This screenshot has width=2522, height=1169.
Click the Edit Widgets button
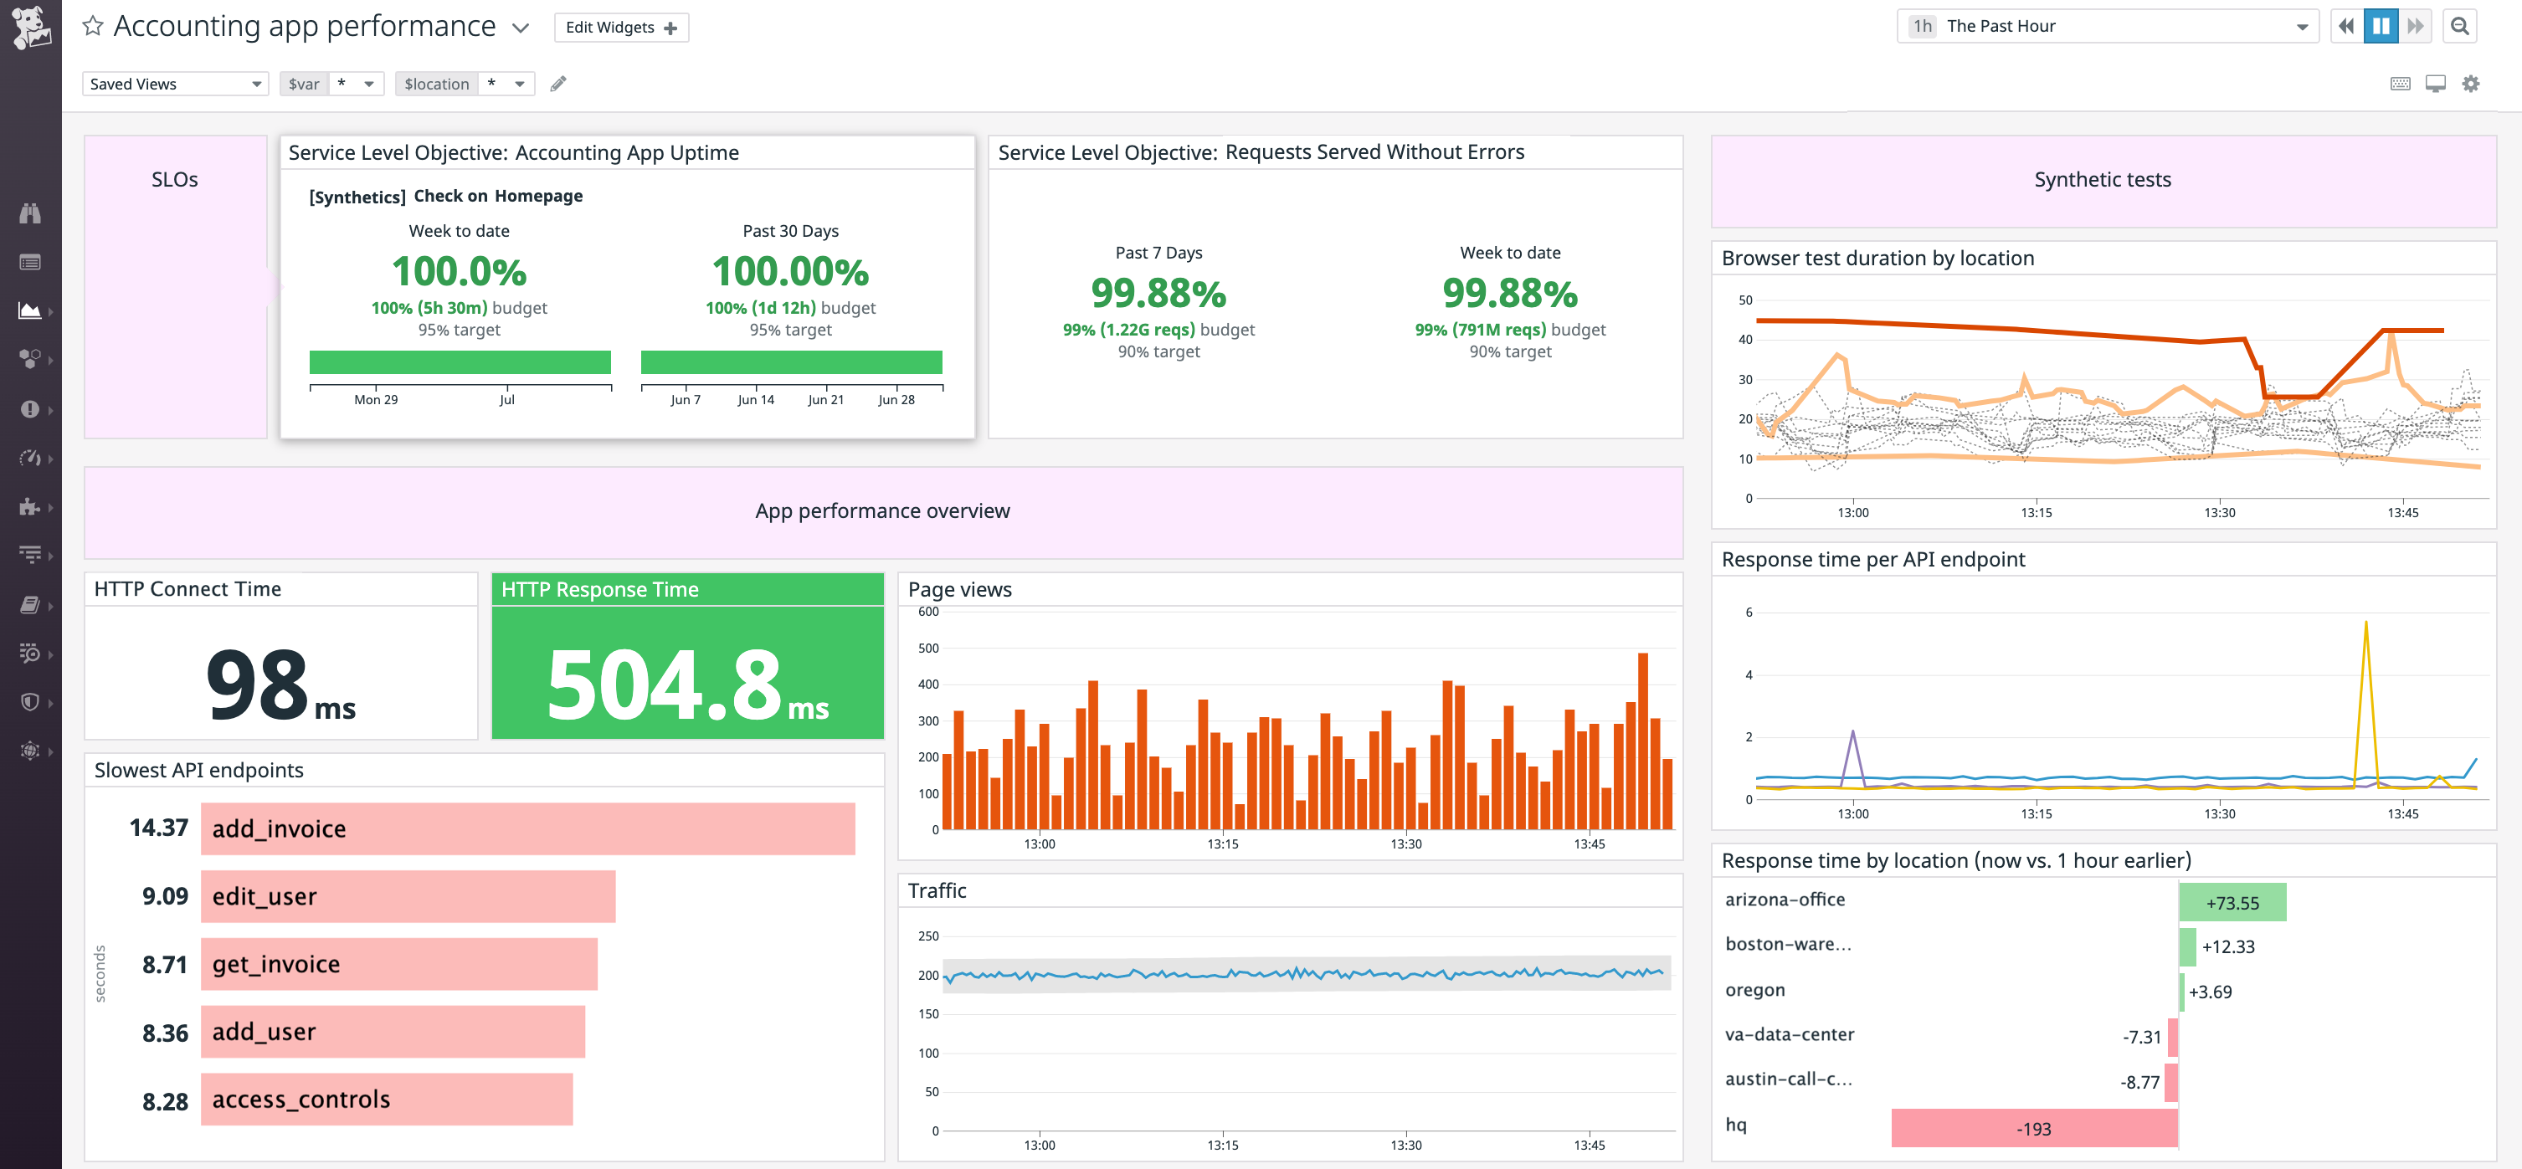621,28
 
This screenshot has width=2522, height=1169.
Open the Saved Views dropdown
175,85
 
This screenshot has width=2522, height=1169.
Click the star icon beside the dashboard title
93,27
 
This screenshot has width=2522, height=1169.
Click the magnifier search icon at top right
2458,27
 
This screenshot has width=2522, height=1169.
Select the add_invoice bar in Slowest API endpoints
527,828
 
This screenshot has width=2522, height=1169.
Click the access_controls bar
387,1100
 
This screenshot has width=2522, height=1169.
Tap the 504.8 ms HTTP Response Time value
686,684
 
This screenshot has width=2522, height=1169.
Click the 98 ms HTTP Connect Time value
280,684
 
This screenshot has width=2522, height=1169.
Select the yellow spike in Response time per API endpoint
2365,627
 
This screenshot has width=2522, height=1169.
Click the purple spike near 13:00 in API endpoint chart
1852,735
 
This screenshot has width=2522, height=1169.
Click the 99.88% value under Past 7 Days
1158,293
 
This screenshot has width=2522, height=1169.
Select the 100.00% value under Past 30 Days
790,271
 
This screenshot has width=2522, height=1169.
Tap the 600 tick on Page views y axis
928,612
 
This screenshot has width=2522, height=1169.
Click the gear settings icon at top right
2470,85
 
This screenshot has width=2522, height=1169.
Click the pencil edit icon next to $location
558,85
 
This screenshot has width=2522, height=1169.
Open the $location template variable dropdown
507,85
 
